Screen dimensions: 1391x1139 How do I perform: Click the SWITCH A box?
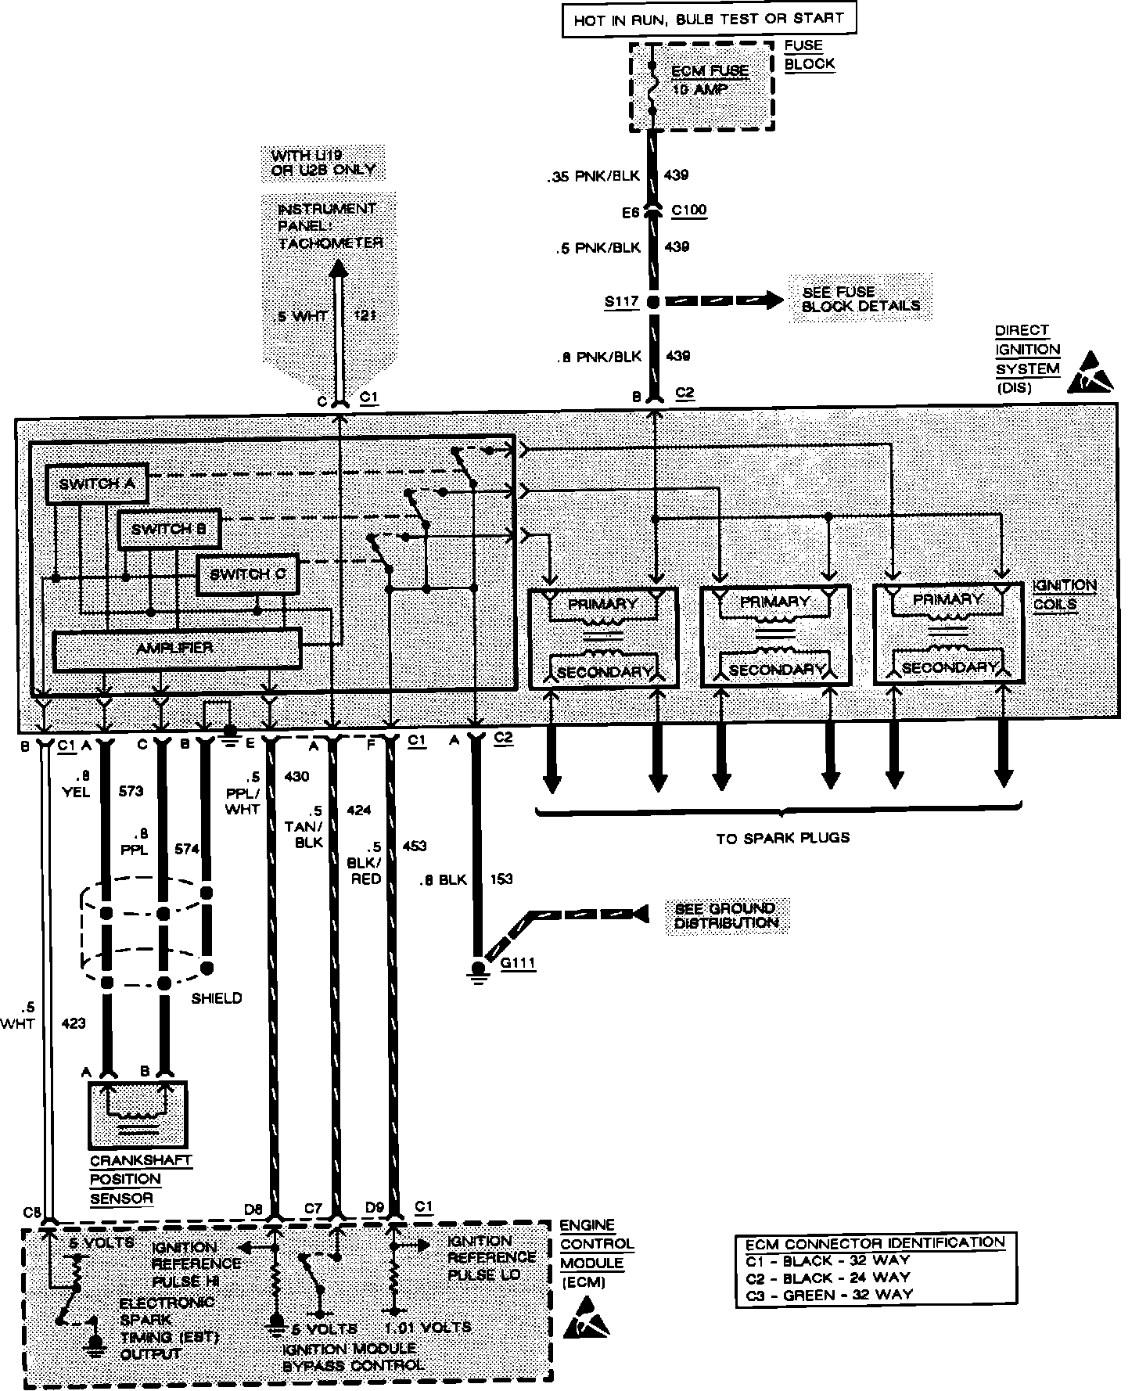coord(96,484)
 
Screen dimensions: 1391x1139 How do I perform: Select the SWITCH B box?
coord(168,530)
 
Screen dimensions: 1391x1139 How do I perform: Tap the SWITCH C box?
coord(247,575)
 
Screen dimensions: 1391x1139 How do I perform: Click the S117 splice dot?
coord(654,301)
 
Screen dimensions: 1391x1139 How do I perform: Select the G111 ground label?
coord(518,963)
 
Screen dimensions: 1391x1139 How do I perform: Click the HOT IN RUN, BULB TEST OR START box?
coord(709,19)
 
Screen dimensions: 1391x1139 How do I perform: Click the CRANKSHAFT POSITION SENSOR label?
coord(141,1179)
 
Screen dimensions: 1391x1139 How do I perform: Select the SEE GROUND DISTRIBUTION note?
coord(726,915)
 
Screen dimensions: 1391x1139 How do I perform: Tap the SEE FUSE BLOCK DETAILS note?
coord(861,299)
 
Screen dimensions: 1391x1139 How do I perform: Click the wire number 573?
coord(131,791)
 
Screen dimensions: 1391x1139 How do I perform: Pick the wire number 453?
coord(414,846)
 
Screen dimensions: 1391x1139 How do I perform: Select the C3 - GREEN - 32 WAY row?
coord(828,1294)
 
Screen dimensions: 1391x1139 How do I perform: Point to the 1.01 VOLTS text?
coord(429,1328)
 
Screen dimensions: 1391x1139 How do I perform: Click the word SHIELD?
coord(217,998)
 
